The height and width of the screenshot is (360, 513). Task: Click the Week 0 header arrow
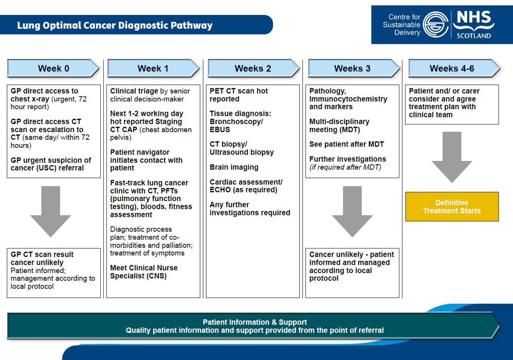[53, 68]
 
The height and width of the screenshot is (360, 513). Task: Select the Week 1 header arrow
[153, 68]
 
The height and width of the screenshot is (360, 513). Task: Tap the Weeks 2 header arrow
[253, 68]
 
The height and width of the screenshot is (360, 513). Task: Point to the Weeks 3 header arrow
[353, 68]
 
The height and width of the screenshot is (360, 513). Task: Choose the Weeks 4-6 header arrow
[453, 68]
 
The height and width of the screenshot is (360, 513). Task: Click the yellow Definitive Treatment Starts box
[452, 207]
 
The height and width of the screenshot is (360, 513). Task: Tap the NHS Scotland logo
[473, 24]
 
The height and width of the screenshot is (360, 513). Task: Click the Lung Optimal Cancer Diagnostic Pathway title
[115, 25]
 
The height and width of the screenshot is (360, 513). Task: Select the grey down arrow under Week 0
[50, 211]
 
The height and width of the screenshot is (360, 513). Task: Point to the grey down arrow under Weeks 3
[352, 211]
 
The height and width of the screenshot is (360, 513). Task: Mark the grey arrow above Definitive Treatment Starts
[452, 157]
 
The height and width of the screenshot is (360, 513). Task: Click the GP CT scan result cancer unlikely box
[53, 273]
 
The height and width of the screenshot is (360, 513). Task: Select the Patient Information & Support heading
[254, 322]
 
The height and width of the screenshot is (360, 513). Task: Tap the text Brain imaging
[234, 167]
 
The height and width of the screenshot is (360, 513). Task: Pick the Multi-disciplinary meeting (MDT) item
[339, 125]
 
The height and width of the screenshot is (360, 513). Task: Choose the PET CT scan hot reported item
[239, 95]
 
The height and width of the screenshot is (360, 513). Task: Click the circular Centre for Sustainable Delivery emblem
[436, 25]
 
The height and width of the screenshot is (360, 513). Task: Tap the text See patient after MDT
[346, 145]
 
